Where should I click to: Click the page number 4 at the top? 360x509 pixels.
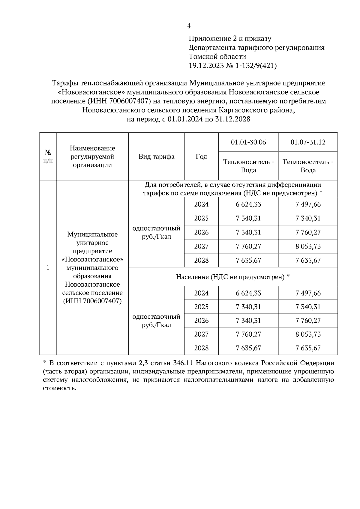(188, 26)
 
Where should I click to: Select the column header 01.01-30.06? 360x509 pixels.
(248, 142)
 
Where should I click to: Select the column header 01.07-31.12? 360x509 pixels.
(308, 142)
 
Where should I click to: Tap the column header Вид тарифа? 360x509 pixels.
(156, 156)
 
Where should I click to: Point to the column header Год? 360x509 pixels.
(201, 156)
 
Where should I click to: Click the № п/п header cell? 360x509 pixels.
(48, 156)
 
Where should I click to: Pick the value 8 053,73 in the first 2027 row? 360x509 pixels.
(308, 246)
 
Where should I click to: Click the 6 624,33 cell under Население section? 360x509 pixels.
(248, 293)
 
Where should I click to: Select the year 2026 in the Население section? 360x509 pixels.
(201, 321)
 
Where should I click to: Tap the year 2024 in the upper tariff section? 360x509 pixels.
(201, 204)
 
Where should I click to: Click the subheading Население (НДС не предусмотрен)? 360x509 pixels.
(232, 277)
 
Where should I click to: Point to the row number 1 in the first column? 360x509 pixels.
(48, 267)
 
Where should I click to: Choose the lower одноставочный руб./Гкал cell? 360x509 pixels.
(156, 321)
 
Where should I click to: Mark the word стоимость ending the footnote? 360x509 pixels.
(59, 388)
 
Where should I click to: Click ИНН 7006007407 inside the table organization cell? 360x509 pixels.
(92, 301)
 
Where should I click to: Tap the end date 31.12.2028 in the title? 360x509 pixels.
(233, 119)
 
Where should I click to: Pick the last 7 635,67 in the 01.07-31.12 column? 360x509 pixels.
(308, 348)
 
